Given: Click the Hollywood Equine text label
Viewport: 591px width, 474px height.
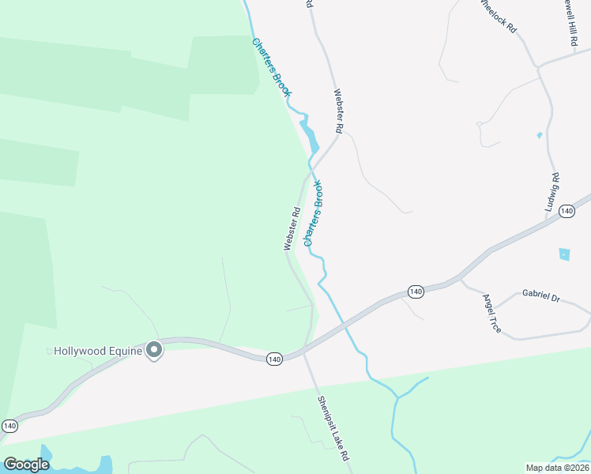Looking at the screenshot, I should [98, 351].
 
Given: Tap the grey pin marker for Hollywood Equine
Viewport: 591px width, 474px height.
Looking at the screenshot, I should [155, 350].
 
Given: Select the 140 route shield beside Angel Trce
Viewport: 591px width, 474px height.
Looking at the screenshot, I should [416, 292].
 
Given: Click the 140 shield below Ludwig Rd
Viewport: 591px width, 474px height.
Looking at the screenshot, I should [566, 211].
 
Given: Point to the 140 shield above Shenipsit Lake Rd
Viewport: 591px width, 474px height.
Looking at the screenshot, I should [274, 359].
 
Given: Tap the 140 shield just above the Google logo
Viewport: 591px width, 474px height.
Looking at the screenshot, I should [9, 426].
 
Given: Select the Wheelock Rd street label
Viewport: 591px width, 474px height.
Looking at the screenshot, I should [499, 16].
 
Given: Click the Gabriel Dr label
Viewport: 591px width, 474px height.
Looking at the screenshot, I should [540, 296].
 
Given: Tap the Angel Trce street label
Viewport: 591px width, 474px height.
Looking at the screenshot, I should [491, 313].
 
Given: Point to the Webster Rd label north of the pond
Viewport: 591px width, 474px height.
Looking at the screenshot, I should [338, 111].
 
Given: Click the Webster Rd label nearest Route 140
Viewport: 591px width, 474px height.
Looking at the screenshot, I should [292, 229].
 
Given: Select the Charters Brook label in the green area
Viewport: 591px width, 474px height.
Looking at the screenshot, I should [272, 67].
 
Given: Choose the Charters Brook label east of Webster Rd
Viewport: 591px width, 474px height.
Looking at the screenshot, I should [314, 213].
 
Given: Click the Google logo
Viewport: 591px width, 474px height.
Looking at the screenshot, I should [26, 465].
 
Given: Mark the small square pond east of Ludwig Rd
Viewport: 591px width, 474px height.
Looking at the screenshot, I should [564, 254].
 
